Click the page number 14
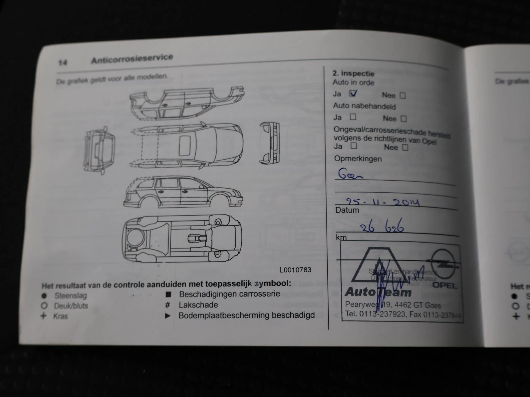(x=63, y=63)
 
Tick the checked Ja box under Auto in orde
(x=353, y=94)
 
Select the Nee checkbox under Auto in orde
(x=403, y=96)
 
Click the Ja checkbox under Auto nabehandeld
(x=353, y=117)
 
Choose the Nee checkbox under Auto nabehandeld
(x=404, y=119)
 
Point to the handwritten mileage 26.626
(x=382, y=227)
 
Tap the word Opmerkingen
(x=358, y=159)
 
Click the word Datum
(x=347, y=210)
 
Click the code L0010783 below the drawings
(x=295, y=270)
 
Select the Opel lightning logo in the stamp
(x=443, y=264)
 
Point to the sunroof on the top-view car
(x=185, y=146)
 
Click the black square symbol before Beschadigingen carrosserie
(x=168, y=294)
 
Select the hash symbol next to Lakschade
(x=167, y=305)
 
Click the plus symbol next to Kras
(x=44, y=316)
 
